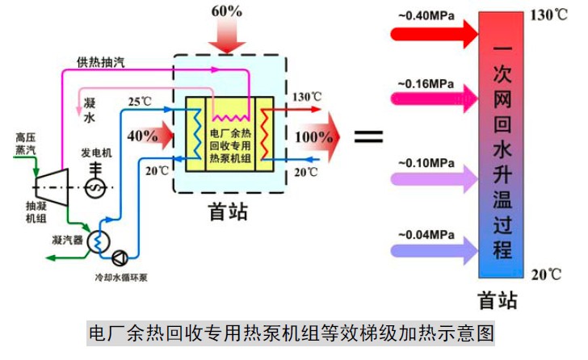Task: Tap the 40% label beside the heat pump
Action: [143, 136]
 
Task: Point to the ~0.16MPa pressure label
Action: [425, 83]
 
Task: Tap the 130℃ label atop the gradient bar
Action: [549, 15]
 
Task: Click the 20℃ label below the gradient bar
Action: [546, 274]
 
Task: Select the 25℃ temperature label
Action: [139, 102]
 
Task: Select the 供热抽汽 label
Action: [101, 62]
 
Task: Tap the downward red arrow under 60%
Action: [228, 36]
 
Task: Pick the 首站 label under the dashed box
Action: [228, 211]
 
